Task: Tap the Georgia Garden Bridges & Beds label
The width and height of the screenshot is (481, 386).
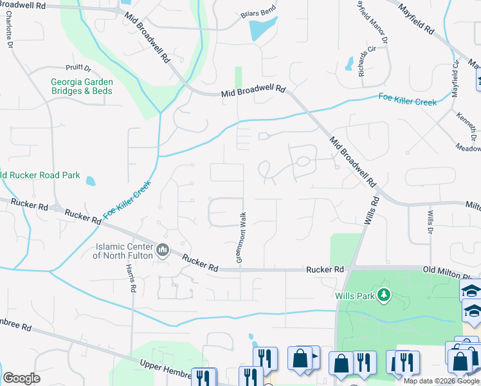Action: [x=82, y=86]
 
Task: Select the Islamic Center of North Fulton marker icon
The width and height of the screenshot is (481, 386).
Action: [x=163, y=250]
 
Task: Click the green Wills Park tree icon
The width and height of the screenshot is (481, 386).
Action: [x=384, y=295]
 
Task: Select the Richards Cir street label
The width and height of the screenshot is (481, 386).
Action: [x=367, y=62]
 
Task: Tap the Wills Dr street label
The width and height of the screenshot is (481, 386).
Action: [x=430, y=221]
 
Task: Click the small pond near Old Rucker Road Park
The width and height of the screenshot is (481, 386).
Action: [x=91, y=181]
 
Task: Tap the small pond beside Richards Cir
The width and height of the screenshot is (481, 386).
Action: [x=349, y=64]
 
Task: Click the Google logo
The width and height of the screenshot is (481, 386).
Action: [x=21, y=378]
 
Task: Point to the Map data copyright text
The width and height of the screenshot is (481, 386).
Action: [x=440, y=381]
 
